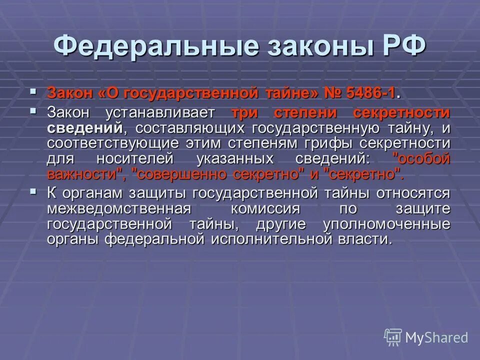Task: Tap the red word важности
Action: [85, 174]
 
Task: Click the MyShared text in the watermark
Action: [436, 337]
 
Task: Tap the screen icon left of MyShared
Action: [393, 337]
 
